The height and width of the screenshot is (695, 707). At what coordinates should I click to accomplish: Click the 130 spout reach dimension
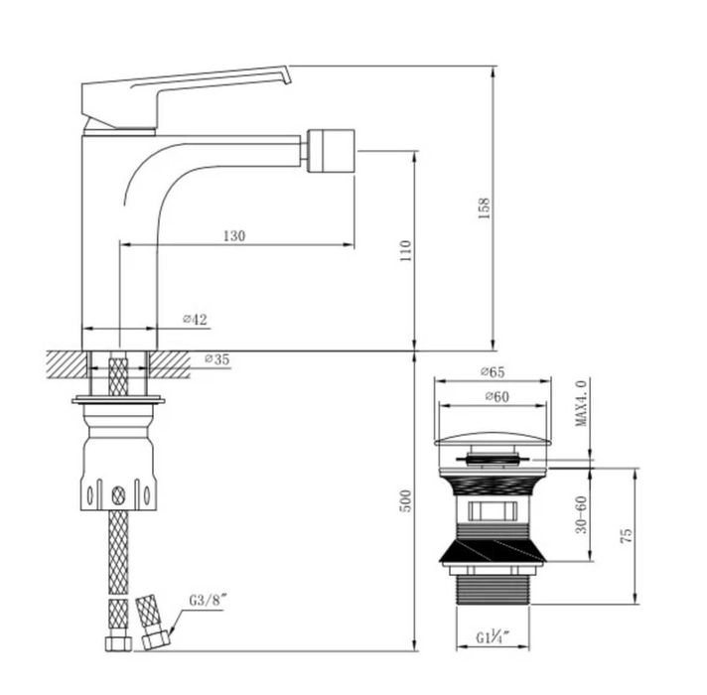tap(234, 235)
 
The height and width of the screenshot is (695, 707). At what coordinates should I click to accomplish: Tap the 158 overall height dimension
tap(484, 208)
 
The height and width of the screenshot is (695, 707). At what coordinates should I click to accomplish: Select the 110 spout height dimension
tap(406, 251)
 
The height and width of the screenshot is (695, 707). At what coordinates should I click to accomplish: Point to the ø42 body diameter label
tap(195, 319)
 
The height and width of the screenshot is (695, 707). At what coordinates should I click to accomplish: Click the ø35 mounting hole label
tap(216, 359)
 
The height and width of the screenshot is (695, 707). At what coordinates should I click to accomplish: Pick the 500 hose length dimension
tap(406, 500)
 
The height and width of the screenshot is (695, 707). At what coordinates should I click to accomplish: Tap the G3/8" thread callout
tap(207, 601)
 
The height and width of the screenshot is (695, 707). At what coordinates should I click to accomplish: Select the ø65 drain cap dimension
tap(493, 372)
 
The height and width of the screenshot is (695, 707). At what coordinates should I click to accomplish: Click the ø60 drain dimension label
tap(496, 396)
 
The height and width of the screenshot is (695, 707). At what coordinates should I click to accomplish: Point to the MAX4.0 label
tap(581, 403)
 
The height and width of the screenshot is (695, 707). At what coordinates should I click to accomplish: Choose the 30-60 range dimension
tap(582, 514)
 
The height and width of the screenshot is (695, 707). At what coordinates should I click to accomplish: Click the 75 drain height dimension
tap(627, 536)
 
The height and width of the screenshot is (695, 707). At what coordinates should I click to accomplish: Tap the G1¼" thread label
tap(493, 637)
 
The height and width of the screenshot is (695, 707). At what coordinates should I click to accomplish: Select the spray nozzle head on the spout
tap(331, 151)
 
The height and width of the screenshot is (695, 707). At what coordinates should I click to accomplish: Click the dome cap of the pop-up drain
tap(493, 439)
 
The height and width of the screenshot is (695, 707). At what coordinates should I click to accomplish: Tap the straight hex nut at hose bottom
tap(118, 643)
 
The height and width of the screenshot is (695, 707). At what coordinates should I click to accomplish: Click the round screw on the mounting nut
tap(118, 495)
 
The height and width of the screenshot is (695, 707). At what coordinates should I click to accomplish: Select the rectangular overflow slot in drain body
tap(492, 511)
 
